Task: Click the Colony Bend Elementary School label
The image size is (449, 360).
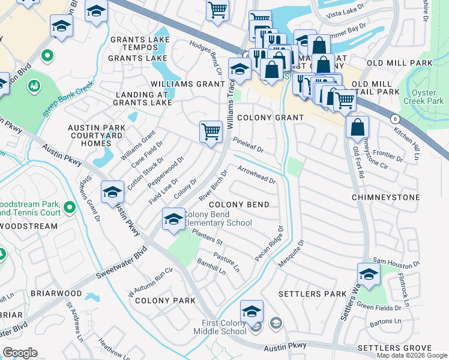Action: pyautogui.click(x=217, y=219)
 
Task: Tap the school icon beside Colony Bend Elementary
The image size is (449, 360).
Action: pyautogui.click(x=173, y=219)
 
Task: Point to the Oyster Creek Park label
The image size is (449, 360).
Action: pyautogui.click(x=427, y=97)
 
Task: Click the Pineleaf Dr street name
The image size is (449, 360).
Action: pyautogui.click(x=248, y=145)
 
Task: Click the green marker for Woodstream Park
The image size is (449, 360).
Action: pyautogui.click(x=69, y=208)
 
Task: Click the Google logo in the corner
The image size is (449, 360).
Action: pyautogui.click(x=20, y=353)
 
